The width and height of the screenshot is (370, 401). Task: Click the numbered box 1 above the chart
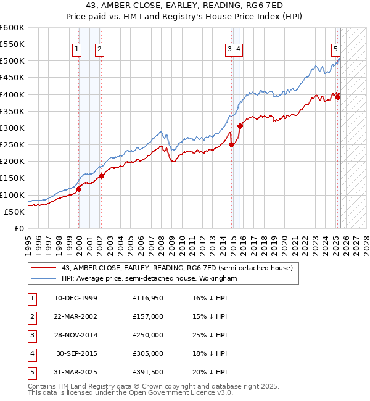point(76,50)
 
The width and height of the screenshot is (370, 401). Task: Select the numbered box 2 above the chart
point(99,50)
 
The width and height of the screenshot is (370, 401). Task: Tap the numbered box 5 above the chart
point(335,50)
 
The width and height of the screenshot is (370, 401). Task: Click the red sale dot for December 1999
point(79,189)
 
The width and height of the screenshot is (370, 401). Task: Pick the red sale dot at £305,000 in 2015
point(240,126)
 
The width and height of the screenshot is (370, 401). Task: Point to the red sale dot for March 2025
point(338,97)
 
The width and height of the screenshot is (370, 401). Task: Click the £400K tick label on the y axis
point(12,94)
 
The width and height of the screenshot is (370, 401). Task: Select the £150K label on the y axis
point(12,178)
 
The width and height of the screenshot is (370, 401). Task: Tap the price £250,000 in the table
point(148,336)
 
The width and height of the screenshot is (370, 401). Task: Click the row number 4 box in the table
point(31,354)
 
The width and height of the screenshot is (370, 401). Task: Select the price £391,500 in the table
point(148,373)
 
